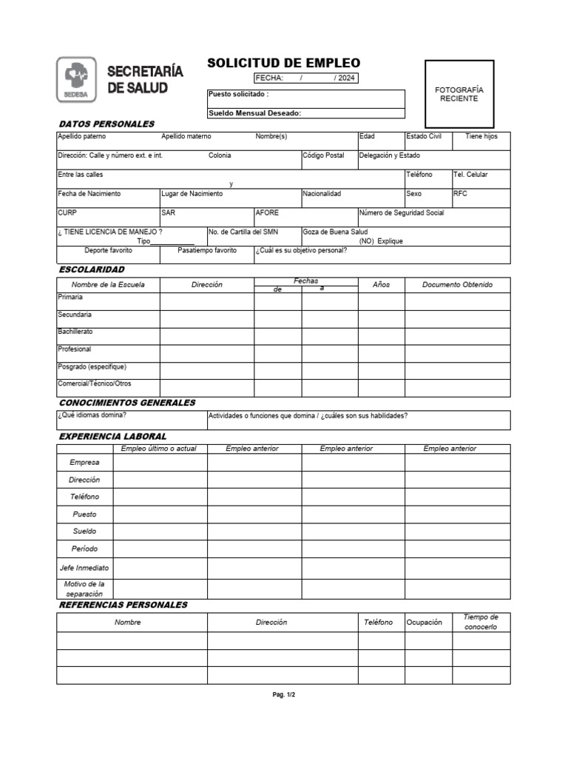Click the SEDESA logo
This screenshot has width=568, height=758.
[x=76, y=80]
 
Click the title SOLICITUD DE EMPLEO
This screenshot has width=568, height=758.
[x=283, y=63]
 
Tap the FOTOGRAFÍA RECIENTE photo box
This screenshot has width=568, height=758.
[x=459, y=94]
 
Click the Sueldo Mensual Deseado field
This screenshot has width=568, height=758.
[x=306, y=113]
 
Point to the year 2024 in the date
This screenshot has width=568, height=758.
[x=346, y=78]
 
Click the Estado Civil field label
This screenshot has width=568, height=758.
[x=424, y=136]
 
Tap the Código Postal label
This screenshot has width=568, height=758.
[x=323, y=155]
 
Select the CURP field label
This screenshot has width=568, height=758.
[x=67, y=212]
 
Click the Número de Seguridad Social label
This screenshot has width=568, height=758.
[x=401, y=212]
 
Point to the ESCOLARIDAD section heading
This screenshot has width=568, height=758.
[x=92, y=269]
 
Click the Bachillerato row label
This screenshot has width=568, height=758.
[x=75, y=332]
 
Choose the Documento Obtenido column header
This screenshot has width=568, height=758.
[x=457, y=284]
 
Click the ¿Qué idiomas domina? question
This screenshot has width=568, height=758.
[x=89, y=415]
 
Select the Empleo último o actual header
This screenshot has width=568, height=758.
[x=159, y=449]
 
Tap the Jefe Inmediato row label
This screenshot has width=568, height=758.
[x=84, y=568]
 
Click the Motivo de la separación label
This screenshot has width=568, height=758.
[x=84, y=588]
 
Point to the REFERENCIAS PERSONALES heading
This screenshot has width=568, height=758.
[x=123, y=605]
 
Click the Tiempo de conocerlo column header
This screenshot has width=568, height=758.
[x=481, y=622]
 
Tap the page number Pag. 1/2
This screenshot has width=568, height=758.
[x=283, y=695]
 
